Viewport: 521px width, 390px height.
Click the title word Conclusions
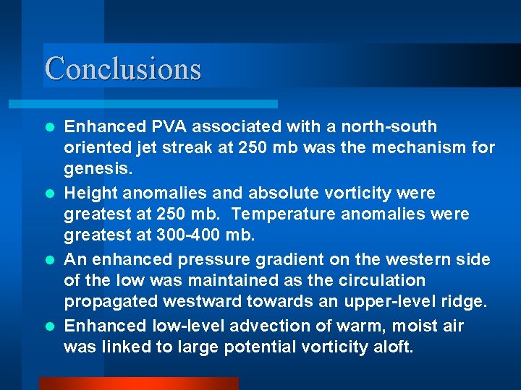pyautogui.click(x=123, y=69)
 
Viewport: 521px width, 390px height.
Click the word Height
pyautogui.click(x=91, y=194)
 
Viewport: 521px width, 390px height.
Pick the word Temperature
pyautogui.click(x=279, y=214)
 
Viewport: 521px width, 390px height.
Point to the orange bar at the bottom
pyautogui.click(x=137, y=383)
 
